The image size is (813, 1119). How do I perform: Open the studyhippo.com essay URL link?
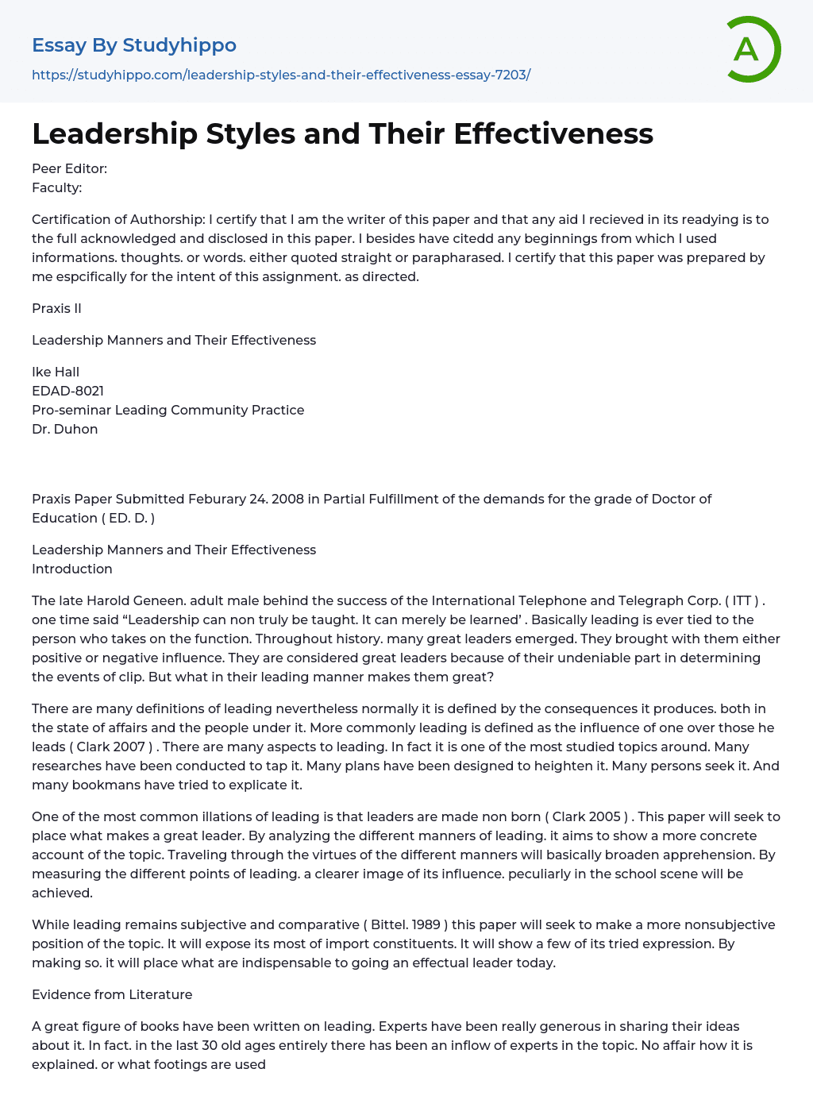pos(281,75)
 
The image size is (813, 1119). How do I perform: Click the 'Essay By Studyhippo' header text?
pos(134,45)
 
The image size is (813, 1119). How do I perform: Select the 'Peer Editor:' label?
pos(69,168)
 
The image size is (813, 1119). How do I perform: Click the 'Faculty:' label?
pos(57,187)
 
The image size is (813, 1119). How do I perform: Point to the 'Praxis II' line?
pos(56,308)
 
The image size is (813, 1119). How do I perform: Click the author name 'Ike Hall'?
pos(56,372)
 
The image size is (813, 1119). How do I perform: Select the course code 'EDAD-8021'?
pos(67,391)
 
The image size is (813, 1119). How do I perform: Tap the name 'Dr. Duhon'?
pos(64,429)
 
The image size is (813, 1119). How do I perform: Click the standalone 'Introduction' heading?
pos(72,569)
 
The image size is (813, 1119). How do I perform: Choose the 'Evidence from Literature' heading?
pos(112,994)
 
